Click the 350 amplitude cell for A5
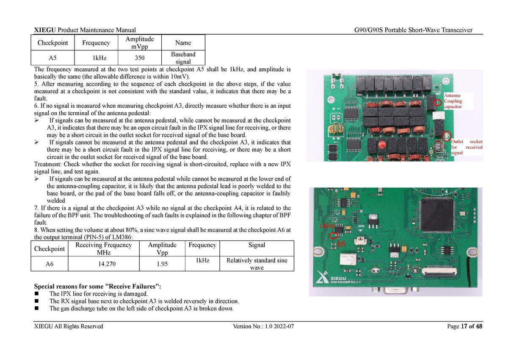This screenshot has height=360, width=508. (140, 58)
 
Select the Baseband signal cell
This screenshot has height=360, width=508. (183, 58)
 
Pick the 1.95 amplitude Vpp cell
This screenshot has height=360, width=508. (162, 264)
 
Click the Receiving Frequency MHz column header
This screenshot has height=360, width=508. (104, 248)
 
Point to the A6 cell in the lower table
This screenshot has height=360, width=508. (50, 264)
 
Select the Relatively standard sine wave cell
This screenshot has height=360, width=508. (257, 264)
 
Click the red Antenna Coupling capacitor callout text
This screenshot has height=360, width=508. (453, 101)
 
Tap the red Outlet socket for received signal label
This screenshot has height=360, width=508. (467, 147)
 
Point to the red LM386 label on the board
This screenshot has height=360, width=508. (327, 226)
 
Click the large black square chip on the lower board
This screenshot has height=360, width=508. (436, 215)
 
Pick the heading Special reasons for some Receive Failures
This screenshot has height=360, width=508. (97, 286)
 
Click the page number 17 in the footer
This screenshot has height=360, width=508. (464, 326)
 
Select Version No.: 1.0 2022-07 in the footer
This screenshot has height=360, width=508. (263, 326)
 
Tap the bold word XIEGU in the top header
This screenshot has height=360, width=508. (45, 30)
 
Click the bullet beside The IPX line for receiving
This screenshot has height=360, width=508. (36, 293)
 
